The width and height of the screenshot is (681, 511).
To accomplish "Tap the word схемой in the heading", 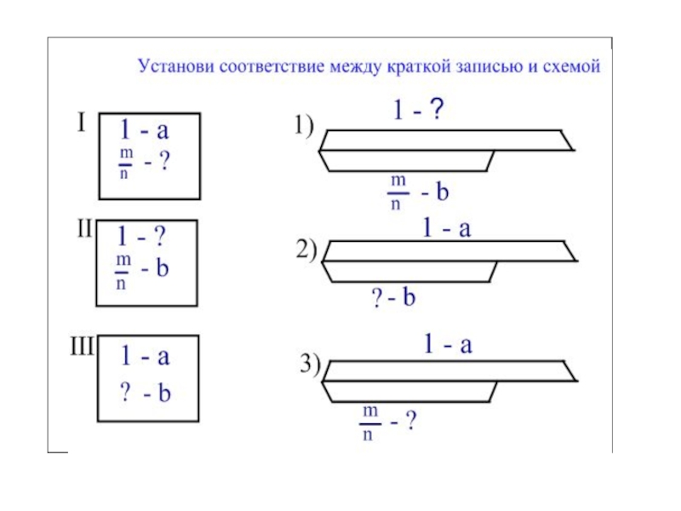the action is [571, 66].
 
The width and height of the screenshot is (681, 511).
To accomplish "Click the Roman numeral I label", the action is [81, 124].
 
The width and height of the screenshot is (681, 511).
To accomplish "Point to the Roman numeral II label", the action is [86, 231].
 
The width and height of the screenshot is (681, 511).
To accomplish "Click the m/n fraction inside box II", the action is [121, 267].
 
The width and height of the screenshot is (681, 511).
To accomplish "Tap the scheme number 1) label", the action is [305, 128].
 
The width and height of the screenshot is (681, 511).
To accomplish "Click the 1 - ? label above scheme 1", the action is [417, 111].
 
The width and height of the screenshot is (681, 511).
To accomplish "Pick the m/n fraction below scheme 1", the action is [396, 192].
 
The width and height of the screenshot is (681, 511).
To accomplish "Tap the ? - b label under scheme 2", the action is [392, 298].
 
